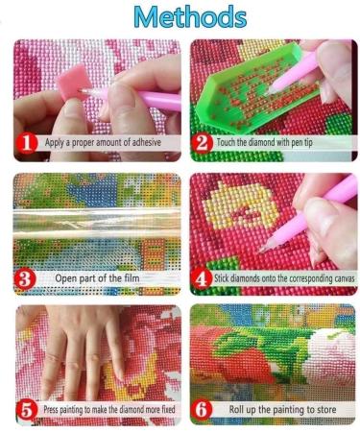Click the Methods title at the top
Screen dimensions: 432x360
[x=181, y=17]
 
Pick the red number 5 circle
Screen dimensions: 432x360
[x=28, y=410]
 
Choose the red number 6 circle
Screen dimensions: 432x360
[x=203, y=410]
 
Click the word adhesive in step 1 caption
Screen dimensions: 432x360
[x=140, y=143]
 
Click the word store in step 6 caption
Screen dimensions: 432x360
[x=328, y=411]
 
